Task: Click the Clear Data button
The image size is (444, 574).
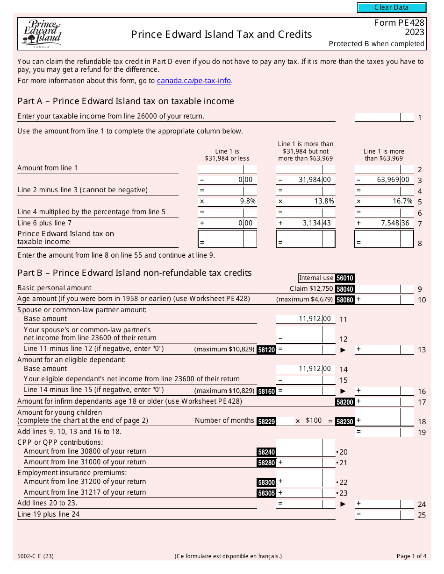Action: point(392,7)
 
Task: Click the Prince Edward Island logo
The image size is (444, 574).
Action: point(42,34)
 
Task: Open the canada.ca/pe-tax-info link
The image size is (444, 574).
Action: point(194,81)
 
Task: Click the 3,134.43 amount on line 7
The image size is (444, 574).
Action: point(316,223)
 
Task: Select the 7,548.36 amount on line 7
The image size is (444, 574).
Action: point(395,223)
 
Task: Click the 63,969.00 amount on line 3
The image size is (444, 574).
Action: point(395,180)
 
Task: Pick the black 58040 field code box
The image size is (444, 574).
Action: point(345,289)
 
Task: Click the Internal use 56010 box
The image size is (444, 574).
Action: point(326,278)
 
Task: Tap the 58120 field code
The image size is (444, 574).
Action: point(266,350)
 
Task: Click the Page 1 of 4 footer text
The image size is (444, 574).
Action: point(411,556)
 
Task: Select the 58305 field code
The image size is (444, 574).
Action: point(266,493)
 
